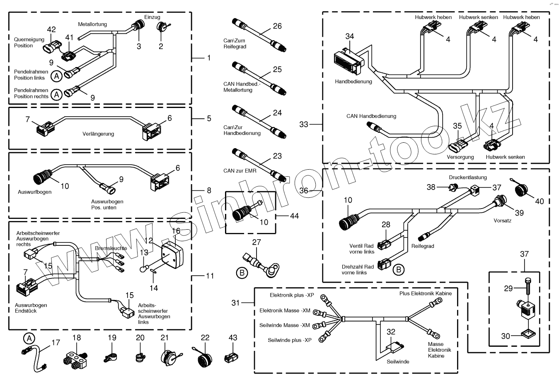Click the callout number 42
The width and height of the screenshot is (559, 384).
click(51, 30)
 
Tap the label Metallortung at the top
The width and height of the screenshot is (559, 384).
click(92, 24)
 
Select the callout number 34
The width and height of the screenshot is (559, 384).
click(350, 36)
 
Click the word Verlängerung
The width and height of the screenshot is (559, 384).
click(98, 134)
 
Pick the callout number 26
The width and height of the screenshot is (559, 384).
click(277, 26)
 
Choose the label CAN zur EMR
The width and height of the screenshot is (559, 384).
click(240, 170)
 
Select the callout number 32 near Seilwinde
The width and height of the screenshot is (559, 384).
click(391, 332)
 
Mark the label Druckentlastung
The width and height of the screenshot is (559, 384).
click(468, 178)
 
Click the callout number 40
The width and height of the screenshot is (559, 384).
click(540, 202)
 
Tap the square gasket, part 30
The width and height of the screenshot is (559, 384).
click(524, 334)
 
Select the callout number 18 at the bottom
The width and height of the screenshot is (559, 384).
click(77, 338)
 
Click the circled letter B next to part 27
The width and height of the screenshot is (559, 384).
click(242, 272)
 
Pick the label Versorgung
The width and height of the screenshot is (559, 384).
click(460, 157)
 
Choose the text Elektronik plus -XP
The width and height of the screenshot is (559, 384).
click(292, 295)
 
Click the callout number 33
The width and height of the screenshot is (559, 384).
click(304, 124)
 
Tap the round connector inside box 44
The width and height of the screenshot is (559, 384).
click(241, 213)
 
